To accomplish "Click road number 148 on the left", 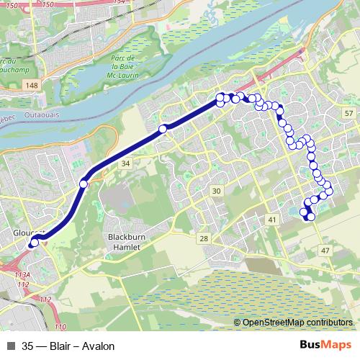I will [30, 86].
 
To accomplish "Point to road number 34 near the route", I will [126, 164].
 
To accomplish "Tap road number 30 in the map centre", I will [216, 190].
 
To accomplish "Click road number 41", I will [271, 219].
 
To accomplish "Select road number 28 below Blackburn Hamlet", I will [204, 238].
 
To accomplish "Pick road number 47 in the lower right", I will [325, 250].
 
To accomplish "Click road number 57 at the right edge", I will [348, 114].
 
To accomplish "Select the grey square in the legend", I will [11, 346].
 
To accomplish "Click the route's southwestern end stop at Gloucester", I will [34, 243].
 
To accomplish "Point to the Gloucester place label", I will [29, 233].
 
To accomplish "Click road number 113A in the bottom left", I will [22, 275].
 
